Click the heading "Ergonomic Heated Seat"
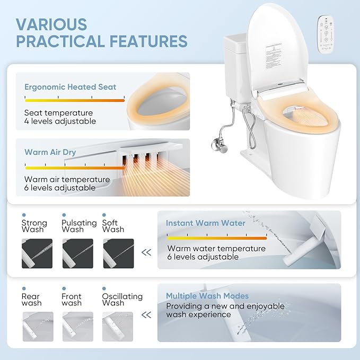pos(70,87)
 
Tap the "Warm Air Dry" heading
pos(50,152)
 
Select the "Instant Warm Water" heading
pos(205,223)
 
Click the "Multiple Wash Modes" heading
pos(207,296)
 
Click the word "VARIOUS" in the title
pos(51,24)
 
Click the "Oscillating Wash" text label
pos(121,300)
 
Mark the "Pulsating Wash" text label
pos(78,226)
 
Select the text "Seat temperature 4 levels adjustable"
pos(60,117)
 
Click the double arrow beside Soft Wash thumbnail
pos(146,252)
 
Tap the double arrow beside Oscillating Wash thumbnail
pos(146,315)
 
